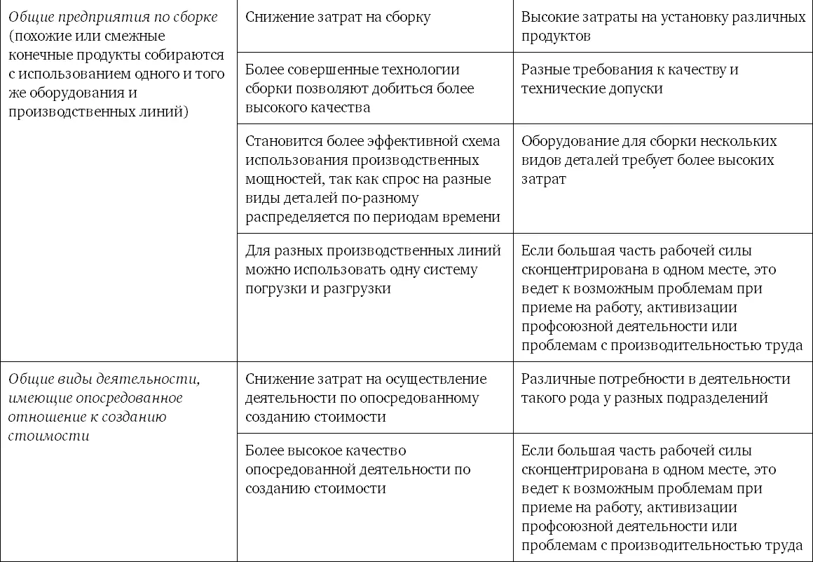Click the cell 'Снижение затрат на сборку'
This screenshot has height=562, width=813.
[338, 18]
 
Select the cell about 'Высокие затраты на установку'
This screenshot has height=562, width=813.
[663, 27]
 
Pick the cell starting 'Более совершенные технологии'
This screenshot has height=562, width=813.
[360, 88]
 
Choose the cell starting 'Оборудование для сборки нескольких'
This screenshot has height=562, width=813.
[648, 160]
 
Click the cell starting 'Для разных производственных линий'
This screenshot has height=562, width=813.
[373, 269]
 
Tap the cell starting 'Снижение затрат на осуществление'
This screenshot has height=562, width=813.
[366, 398]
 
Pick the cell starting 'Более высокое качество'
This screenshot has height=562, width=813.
[358, 469]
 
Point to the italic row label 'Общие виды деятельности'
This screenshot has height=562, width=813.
[104, 380]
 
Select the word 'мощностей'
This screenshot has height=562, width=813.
[281, 179]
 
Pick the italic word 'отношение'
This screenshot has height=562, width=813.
[41, 417]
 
